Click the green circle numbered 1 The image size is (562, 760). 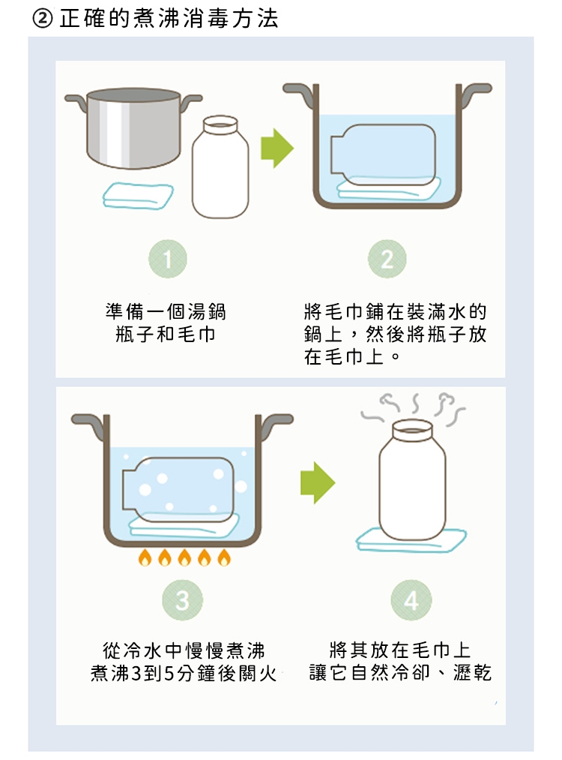(168, 259)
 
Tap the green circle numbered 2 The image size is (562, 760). (387, 259)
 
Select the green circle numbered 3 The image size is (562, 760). (183, 600)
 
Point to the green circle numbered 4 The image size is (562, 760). (411, 600)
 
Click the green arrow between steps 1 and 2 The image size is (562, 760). (277, 149)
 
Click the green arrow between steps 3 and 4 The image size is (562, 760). (318, 482)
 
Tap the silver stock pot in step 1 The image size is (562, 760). (133, 128)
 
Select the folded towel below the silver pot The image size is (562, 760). (138, 196)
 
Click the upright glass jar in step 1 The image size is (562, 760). (220, 167)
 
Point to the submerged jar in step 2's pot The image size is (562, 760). (382, 155)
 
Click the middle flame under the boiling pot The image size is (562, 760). (184, 557)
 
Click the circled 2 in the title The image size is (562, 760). (43, 19)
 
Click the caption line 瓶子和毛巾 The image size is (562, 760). (166, 335)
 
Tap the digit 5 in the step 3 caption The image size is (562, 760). (169, 673)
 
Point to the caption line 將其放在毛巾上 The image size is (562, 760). (400, 650)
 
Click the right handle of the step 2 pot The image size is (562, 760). (474, 95)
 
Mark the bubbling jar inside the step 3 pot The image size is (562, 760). (178, 490)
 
